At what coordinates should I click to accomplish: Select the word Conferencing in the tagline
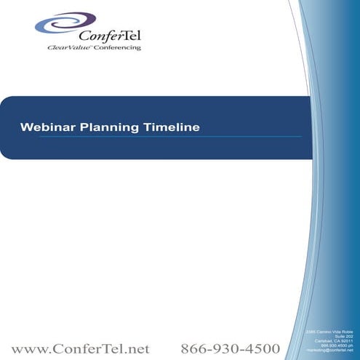point(116,48)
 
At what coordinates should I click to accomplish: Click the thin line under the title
point(160,137)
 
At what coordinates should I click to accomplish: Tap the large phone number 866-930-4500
point(230,348)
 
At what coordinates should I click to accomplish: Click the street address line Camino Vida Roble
point(332,332)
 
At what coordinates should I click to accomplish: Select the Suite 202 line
point(343,336)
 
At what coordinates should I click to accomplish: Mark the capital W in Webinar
point(25,127)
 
